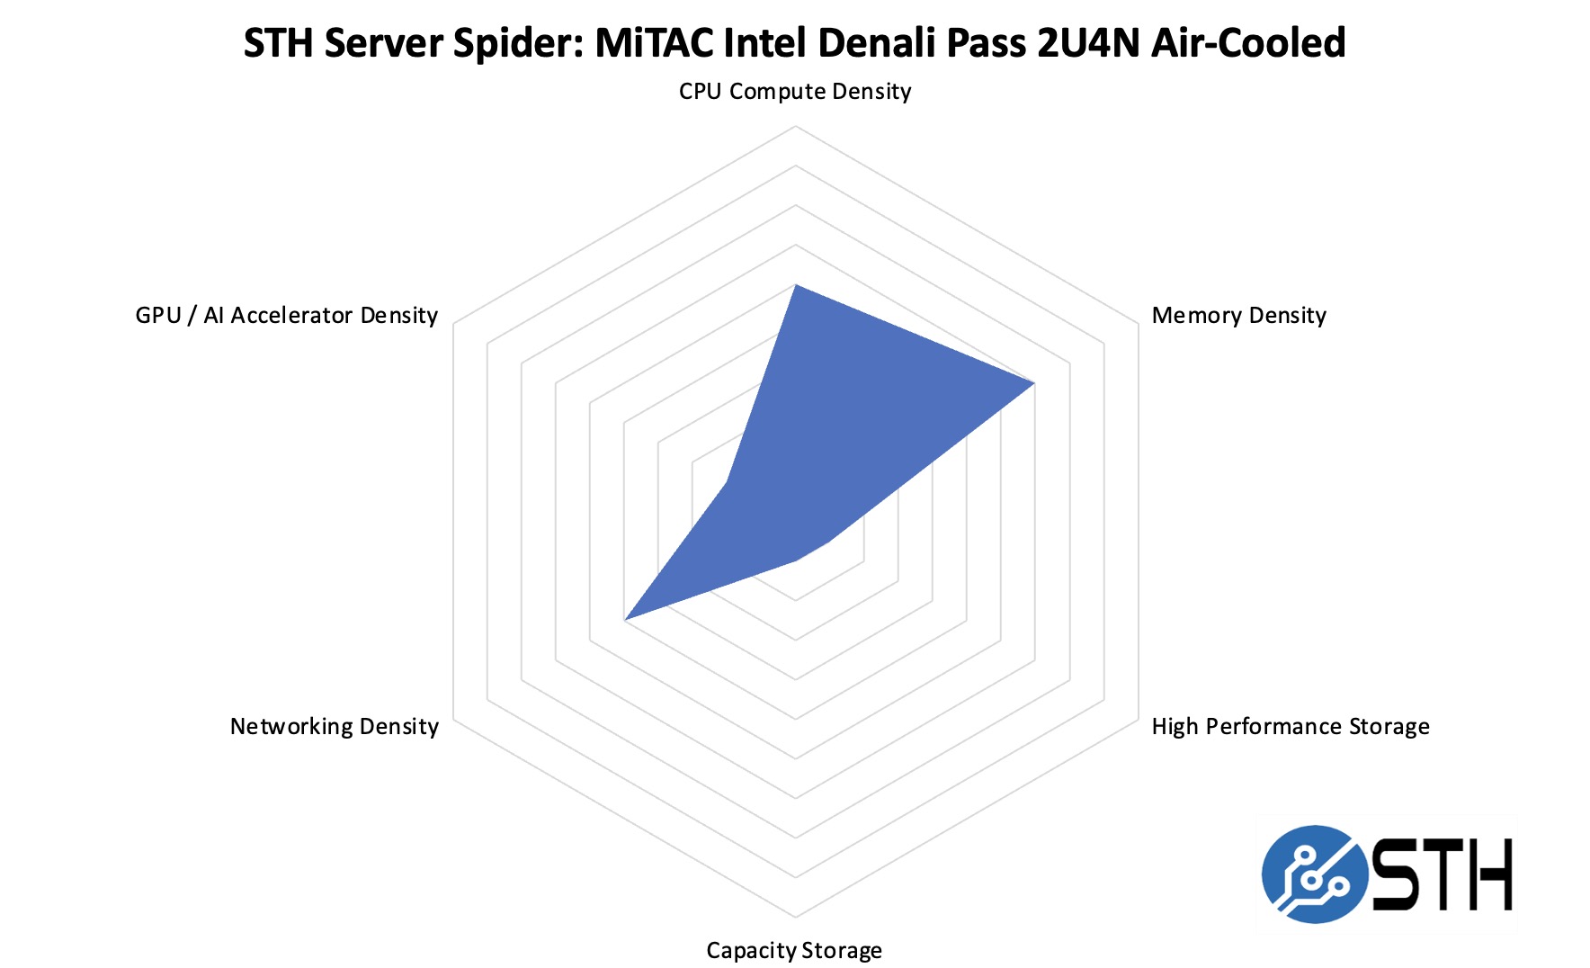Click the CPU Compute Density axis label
[x=795, y=92]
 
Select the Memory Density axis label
[x=1238, y=316]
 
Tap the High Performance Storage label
[x=1290, y=727]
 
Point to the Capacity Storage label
[x=794, y=951]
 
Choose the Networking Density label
[x=334, y=727]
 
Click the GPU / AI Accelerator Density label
[x=286, y=316]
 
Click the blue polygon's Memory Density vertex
[x=1034, y=384]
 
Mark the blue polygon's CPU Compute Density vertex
[x=795, y=285]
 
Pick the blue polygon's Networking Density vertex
[x=625, y=620]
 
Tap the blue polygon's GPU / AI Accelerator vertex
[x=727, y=482]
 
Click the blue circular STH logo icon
[x=1315, y=874]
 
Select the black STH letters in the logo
[x=1442, y=874]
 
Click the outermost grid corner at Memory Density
[x=1138, y=324]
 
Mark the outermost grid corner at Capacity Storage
[x=795, y=918]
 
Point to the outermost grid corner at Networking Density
[x=452, y=719]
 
